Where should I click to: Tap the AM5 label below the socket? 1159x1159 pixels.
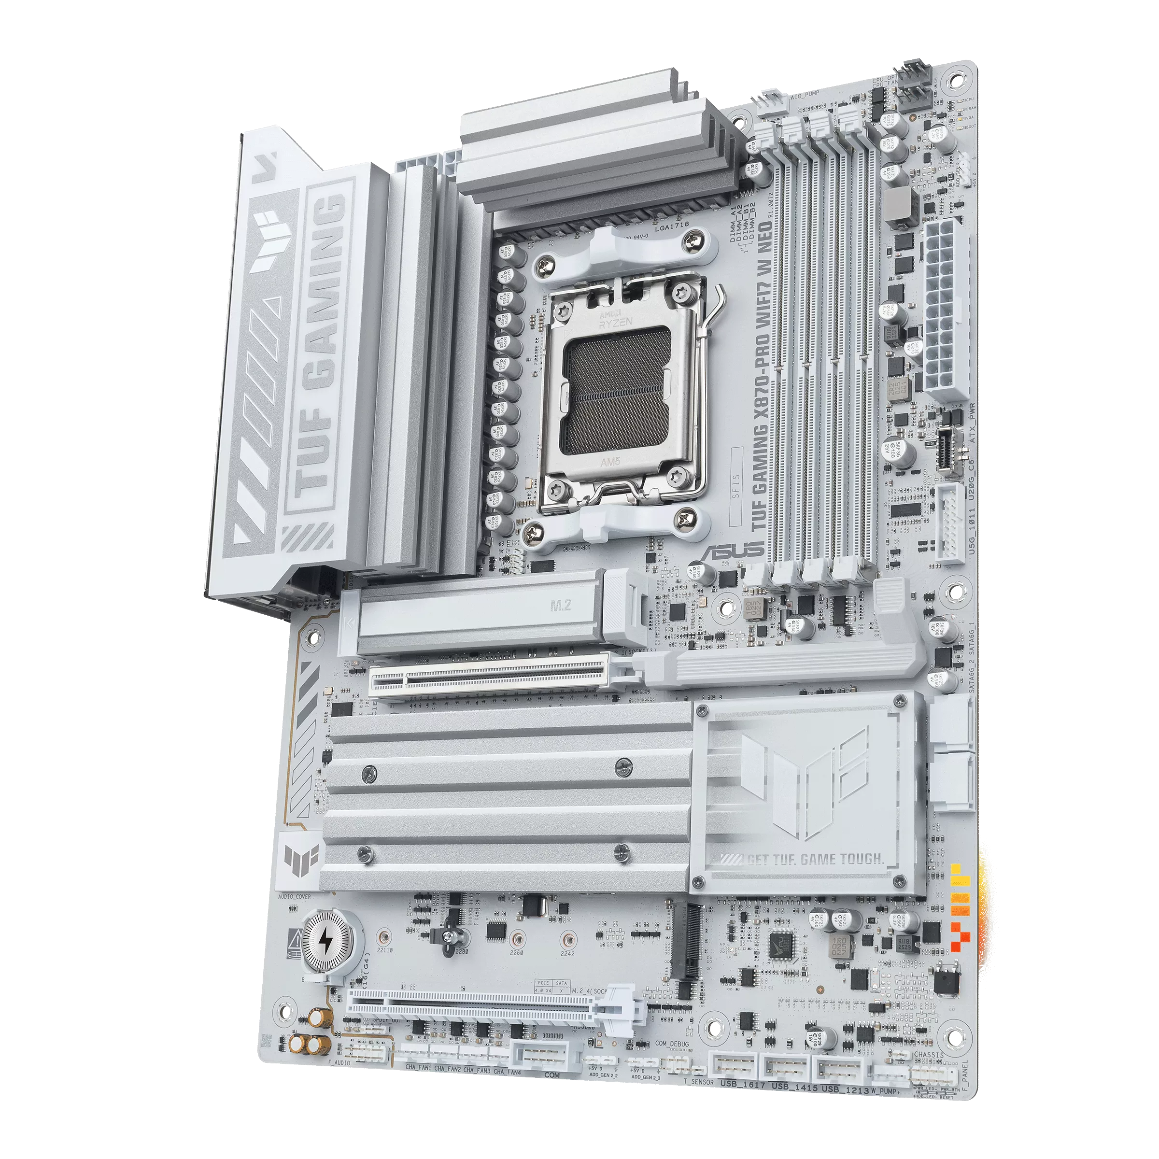coord(610,463)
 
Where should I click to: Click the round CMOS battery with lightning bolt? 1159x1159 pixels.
coord(324,941)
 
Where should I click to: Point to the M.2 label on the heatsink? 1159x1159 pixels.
coord(560,606)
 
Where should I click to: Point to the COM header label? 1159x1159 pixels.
coord(552,1075)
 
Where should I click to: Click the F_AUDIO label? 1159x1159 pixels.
coord(339,1063)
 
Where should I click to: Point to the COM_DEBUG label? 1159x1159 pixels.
coord(672,1044)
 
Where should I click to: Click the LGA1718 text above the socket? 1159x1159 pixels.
coord(672,227)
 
